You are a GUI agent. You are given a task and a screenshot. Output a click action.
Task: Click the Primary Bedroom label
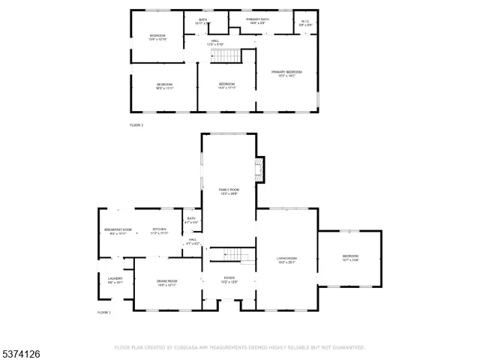(292, 73)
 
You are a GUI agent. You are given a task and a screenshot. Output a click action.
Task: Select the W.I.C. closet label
(304, 22)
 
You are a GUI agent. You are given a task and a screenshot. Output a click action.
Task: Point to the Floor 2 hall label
(215, 43)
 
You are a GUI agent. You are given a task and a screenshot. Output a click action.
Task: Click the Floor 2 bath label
(202, 22)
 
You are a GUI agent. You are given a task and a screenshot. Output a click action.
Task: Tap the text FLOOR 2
(136, 125)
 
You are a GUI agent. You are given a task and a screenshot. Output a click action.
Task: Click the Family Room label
(228, 192)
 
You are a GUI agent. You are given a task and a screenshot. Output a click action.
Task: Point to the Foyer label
(229, 280)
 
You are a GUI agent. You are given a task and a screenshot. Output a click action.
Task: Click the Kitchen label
(159, 231)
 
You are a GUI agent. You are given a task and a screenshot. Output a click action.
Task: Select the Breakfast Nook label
(118, 231)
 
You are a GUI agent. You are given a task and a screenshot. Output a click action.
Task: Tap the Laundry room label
(115, 280)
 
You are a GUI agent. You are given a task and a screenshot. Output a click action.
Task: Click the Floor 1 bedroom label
(350, 258)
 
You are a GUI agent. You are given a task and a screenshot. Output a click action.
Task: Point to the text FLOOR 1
(104, 312)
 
